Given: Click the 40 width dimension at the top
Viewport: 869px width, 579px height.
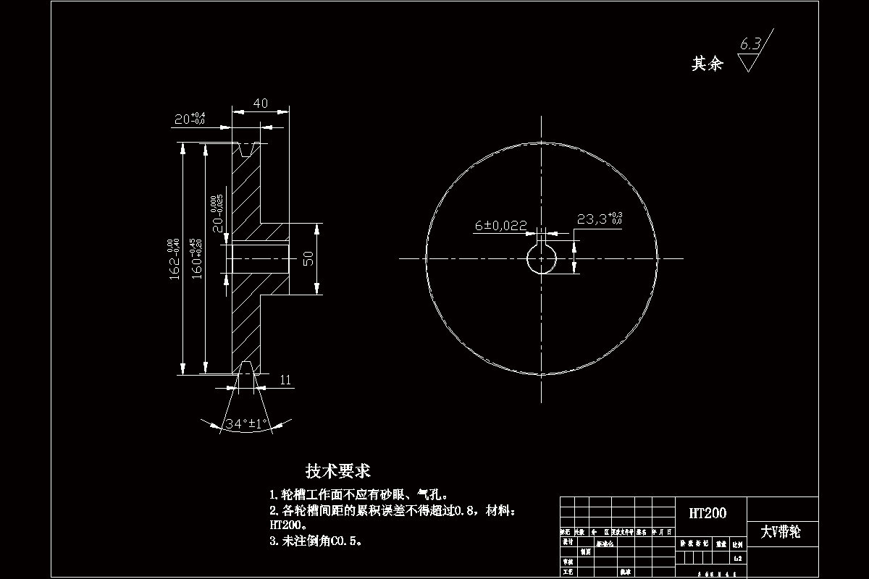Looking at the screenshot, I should pos(260,103).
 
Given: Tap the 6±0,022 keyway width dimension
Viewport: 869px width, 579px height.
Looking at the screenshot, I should pos(500,226).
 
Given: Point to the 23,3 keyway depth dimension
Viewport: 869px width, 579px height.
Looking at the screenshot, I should pos(599,219).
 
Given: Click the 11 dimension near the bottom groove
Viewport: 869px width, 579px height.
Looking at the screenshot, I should pos(285,379).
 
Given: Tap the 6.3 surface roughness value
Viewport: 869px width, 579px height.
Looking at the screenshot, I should pos(750,45).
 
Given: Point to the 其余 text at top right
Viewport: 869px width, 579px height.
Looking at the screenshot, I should pos(708,64).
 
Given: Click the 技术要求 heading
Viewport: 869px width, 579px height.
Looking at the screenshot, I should pos(337,471).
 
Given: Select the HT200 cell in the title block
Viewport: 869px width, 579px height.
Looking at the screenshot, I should pos(708,513).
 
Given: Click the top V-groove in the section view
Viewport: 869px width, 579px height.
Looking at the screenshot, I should pos(246,150).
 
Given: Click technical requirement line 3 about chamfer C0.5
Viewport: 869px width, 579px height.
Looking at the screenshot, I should pos(315,540).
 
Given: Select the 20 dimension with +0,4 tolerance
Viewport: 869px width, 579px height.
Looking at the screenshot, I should pos(189,119).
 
